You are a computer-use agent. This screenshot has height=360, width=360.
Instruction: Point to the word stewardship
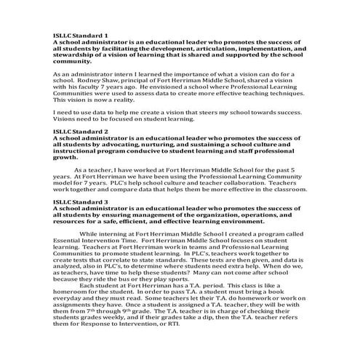click(76, 54)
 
